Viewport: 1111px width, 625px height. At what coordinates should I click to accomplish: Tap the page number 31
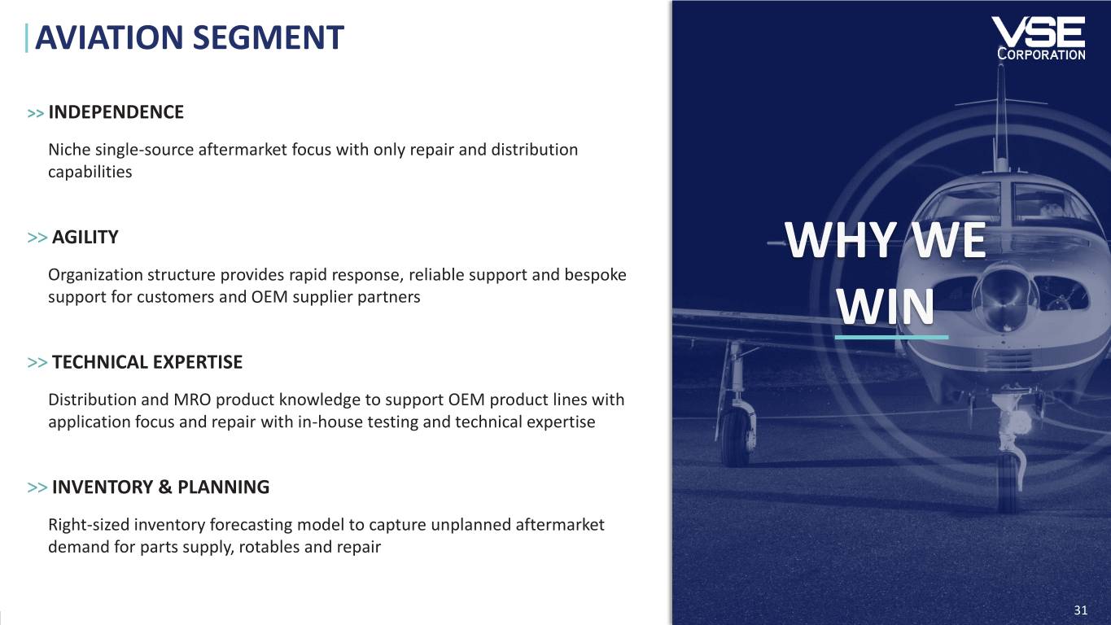click(x=1081, y=610)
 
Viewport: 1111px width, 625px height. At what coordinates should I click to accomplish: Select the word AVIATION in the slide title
click(x=109, y=37)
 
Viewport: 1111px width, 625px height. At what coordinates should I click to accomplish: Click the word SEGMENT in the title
click(x=269, y=37)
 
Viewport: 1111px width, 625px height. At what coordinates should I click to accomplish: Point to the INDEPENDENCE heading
click(x=116, y=112)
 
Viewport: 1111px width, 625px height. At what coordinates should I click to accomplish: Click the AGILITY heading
click(x=85, y=237)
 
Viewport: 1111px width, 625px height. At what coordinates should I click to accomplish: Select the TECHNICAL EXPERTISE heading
click(x=147, y=362)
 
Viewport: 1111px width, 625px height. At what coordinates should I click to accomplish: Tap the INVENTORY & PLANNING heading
click(x=160, y=487)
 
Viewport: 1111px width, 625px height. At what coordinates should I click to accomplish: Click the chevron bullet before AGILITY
click(x=37, y=238)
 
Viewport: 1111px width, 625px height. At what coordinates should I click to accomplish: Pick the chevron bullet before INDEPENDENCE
click(x=36, y=114)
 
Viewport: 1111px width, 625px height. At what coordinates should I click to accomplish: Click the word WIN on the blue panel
click(x=886, y=307)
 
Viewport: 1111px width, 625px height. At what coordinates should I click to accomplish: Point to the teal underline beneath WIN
click(x=891, y=337)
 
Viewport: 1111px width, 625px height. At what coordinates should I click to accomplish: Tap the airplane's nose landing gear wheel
click(x=1008, y=481)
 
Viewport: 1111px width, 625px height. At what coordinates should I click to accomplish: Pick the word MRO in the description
click(x=192, y=400)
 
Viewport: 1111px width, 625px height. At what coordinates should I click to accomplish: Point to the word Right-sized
click(x=88, y=525)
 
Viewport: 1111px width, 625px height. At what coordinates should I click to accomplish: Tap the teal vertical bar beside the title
click(x=26, y=38)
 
